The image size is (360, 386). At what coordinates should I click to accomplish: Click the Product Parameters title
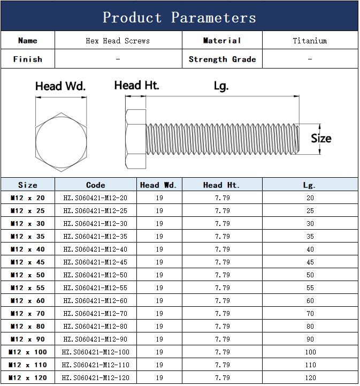click(x=179, y=18)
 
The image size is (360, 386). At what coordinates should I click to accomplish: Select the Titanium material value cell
click(x=310, y=41)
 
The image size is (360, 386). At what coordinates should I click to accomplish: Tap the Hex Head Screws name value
click(x=118, y=41)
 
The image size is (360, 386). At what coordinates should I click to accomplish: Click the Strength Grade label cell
click(x=223, y=59)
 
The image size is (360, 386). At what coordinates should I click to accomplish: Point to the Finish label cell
click(x=28, y=59)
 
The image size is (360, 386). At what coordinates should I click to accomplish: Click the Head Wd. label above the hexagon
click(x=60, y=86)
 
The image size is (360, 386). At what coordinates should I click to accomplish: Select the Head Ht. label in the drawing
click(x=137, y=86)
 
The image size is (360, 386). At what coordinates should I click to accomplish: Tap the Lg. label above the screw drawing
click(x=221, y=86)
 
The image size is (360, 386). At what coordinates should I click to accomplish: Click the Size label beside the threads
click(x=321, y=138)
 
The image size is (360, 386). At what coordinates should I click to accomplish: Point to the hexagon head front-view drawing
click(x=61, y=142)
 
